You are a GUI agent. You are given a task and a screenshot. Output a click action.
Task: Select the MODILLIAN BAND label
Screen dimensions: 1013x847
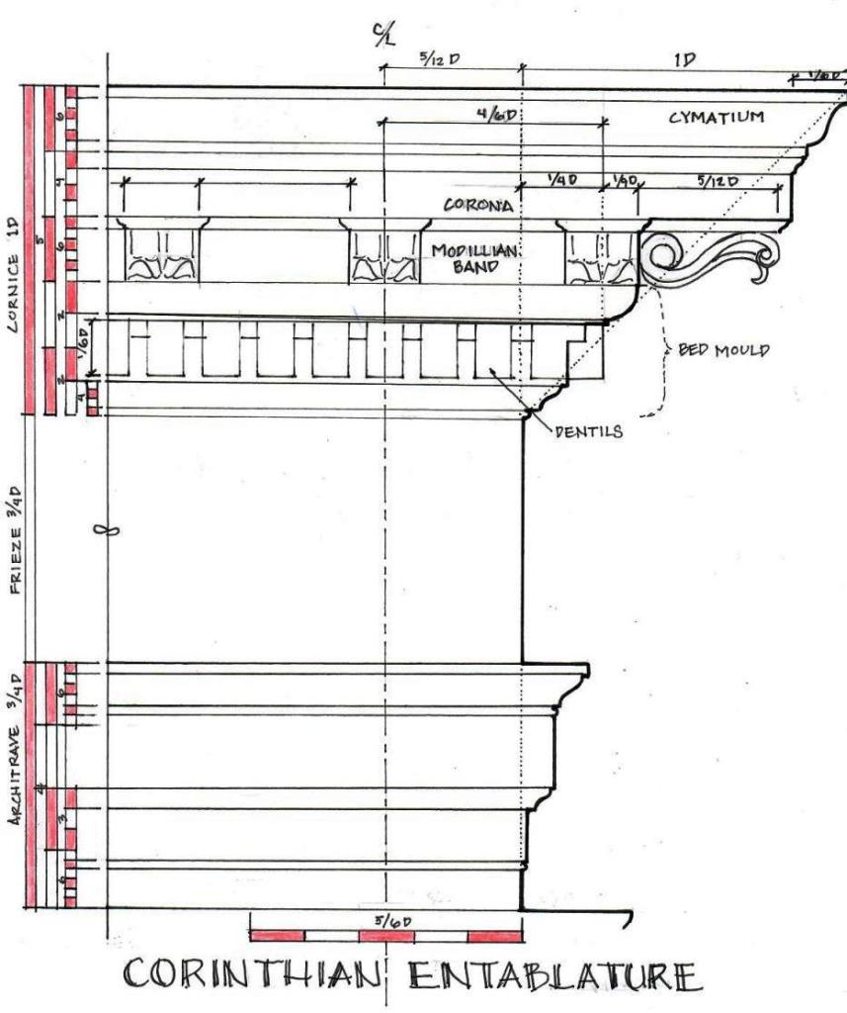468,259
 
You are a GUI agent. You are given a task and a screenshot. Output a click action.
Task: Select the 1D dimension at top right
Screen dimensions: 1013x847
683,60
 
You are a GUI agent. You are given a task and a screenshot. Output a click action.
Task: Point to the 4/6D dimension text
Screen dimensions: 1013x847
497,114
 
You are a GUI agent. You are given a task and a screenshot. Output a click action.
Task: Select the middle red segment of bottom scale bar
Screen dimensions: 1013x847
385,936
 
